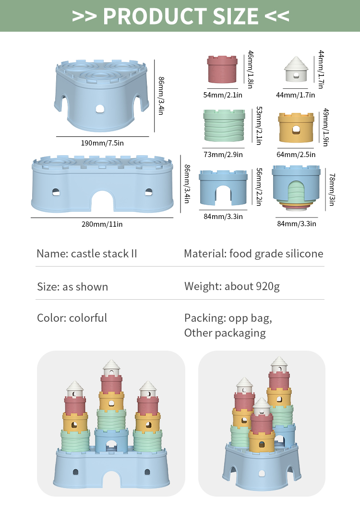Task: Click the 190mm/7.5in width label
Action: coord(102,143)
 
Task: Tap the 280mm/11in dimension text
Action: coord(102,224)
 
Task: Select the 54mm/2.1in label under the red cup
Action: coord(223,95)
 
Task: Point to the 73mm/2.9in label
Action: coord(223,155)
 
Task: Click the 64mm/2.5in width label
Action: coord(296,155)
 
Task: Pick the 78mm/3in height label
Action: coord(332,190)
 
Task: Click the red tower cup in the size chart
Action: coord(222,69)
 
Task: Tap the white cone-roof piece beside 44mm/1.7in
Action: coord(296,69)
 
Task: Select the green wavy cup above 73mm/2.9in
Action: coord(224,125)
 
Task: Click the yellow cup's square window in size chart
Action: coord(296,130)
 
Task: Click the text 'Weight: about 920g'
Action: coord(232,286)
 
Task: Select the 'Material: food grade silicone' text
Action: coord(253,254)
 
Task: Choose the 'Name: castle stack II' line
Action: coord(87,254)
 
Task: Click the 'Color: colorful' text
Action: coord(72,318)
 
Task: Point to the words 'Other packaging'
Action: coord(225,333)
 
